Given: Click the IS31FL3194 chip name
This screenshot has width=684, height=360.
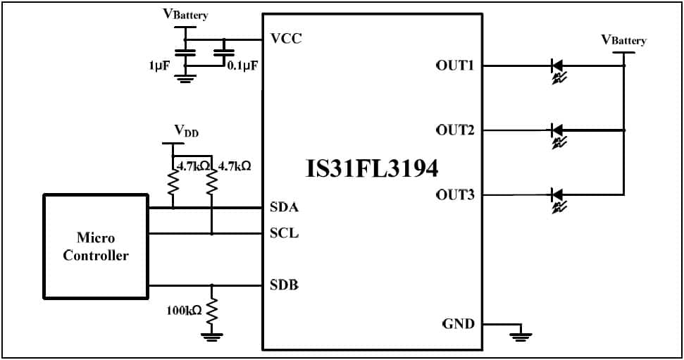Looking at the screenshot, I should click(x=373, y=169).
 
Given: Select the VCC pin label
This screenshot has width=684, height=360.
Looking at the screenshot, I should click(x=286, y=38).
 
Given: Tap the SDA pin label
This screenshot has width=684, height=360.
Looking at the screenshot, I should click(x=284, y=207).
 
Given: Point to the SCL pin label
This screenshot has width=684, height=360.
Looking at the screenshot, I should click(x=284, y=232).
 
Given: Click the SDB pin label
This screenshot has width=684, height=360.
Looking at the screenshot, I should click(x=284, y=285).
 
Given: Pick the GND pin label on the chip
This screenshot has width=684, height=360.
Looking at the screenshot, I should click(x=458, y=324).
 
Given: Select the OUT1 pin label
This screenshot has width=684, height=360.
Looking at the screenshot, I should click(x=455, y=66).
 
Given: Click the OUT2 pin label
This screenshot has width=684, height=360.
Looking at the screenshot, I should click(x=455, y=130).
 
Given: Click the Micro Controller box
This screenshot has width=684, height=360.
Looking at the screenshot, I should click(x=96, y=247).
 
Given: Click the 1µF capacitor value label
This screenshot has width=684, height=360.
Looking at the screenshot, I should click(x=159, y=65).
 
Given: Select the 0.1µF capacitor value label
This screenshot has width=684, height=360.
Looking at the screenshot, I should click(x=242, y=65).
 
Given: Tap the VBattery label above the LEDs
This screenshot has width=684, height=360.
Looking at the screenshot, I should click(x=623, y=40).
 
